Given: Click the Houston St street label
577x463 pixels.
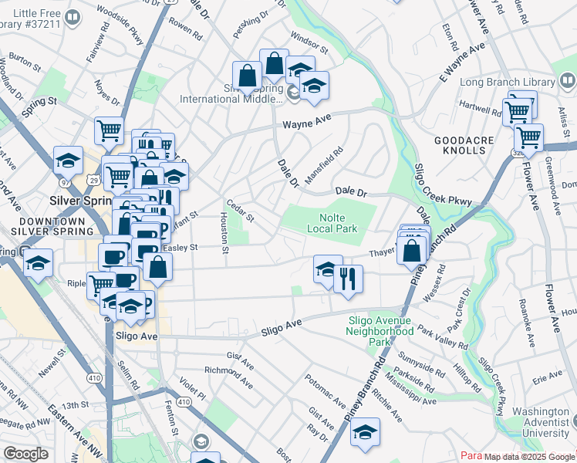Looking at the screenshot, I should pos(224,232).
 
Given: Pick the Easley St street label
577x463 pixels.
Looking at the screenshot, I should pos(182,248).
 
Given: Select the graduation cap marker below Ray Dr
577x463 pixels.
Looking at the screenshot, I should pos(365,433).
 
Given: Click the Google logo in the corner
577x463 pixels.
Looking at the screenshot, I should pos(25,454).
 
